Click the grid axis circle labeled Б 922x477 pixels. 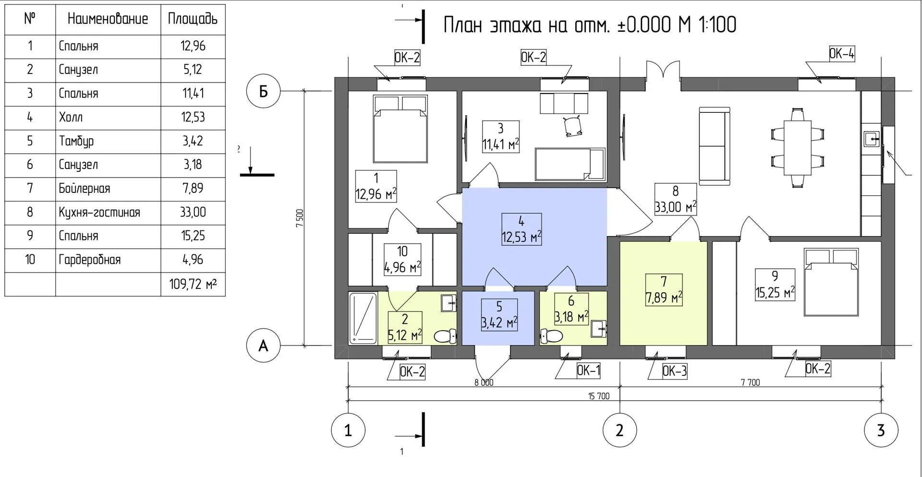263,91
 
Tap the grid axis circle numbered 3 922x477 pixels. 881,430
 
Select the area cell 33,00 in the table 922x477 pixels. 193,212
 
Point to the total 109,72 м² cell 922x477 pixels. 193,284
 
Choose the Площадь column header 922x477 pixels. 193,19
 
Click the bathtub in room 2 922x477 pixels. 363,318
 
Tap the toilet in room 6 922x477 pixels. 551,335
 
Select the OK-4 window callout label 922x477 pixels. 842,53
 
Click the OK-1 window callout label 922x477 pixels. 588,370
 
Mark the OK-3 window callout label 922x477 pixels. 675,371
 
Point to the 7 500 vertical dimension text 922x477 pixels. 300,218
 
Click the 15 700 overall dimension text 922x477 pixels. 599,396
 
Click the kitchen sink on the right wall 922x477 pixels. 872,139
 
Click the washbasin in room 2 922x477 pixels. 449,302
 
